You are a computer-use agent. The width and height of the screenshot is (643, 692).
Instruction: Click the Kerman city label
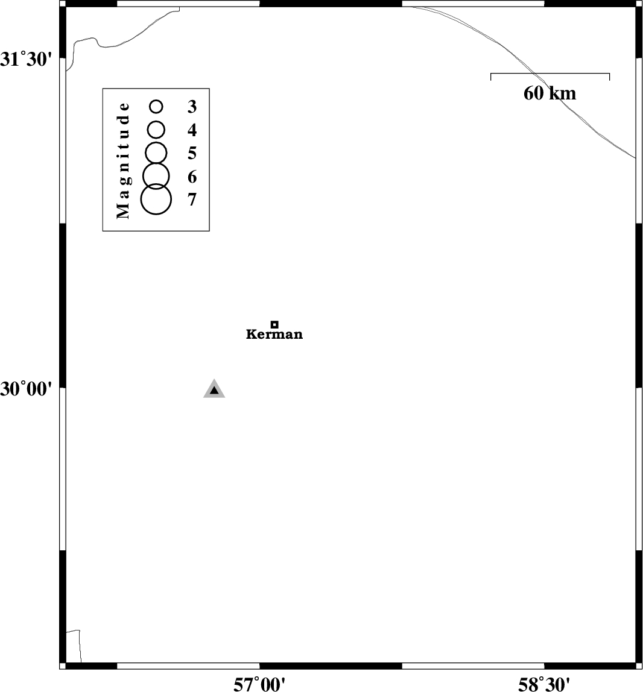coord(274,334)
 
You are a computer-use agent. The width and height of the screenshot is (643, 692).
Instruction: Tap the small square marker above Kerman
coord(274,324)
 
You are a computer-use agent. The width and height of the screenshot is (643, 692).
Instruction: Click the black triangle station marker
coord(214,389)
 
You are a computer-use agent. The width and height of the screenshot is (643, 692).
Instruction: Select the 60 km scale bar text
coord(550,93)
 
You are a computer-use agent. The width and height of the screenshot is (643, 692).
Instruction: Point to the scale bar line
coord(550,74)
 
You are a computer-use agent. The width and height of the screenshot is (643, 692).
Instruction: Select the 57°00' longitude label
coord(259,685)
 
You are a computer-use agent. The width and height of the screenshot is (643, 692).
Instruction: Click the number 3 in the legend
coord(192,106)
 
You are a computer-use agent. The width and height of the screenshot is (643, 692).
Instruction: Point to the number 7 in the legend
coord(192,200)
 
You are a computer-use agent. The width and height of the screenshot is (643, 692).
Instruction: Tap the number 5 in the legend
coord(192,153)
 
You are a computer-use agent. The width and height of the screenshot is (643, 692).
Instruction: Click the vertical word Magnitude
coord(123,160)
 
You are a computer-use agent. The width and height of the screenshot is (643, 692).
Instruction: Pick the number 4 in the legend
coord(192,130)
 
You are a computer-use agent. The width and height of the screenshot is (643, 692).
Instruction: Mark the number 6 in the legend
coord(192,177)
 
